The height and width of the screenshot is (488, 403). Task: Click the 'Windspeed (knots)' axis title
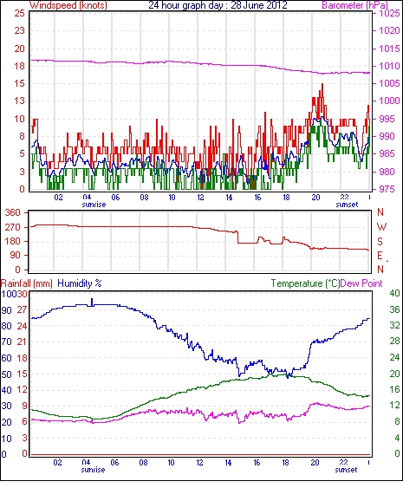[68, 5]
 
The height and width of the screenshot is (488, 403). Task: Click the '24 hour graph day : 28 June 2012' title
[218, 5]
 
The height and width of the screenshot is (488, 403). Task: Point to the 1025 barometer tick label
[389, 13]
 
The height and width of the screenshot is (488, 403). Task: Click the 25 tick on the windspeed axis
[19, 13]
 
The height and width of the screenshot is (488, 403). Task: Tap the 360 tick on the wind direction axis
[13, 213]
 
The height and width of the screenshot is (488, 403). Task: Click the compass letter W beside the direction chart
[381, 227]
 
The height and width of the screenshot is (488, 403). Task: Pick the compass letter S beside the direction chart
[380, 241]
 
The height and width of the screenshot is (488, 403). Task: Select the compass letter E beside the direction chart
[380, 256]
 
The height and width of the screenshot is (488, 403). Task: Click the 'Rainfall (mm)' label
[27, 283]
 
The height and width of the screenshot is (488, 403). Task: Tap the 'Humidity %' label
[80, 283]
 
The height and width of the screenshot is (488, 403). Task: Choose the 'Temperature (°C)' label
[305, 283]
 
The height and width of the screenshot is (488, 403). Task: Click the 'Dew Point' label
[361, 283]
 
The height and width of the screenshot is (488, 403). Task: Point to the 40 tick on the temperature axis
[394, 293]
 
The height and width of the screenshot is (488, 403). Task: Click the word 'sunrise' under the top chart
[94, 205]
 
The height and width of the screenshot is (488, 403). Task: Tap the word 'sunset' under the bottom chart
[346, 470]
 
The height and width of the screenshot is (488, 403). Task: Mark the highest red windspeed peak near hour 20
[322, 84]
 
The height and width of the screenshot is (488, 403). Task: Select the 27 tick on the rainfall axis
[23, 310]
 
